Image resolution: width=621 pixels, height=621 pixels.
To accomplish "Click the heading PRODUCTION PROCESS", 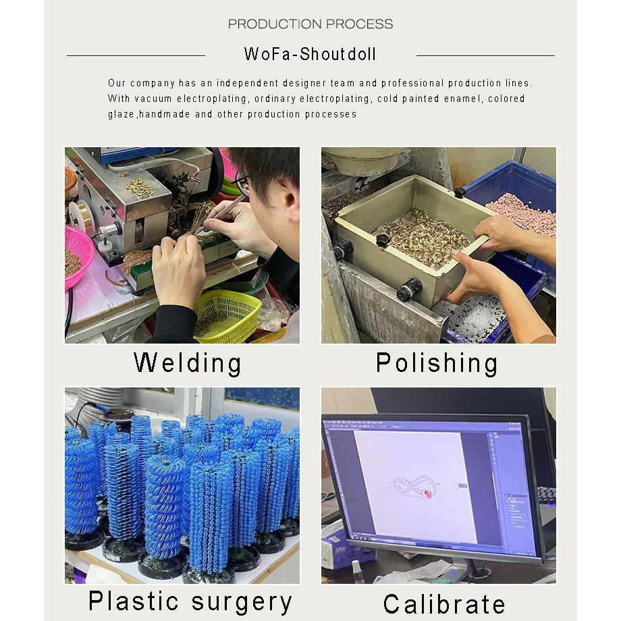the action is coord(310,24).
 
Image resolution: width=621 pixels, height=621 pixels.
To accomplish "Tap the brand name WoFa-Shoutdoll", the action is coord(310,54).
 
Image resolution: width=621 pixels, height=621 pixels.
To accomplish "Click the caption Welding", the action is coord(188,362).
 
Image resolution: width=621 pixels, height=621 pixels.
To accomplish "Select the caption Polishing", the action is coord(437,362).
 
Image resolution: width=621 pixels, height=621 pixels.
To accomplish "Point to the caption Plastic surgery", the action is coord(190,602).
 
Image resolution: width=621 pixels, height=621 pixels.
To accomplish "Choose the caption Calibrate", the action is coord(444,604).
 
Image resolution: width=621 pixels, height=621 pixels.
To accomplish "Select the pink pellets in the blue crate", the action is coord(522,215).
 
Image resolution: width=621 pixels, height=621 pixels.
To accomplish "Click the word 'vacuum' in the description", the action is coord(153,99).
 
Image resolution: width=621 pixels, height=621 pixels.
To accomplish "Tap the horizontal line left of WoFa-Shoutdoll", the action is coord(136,56).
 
